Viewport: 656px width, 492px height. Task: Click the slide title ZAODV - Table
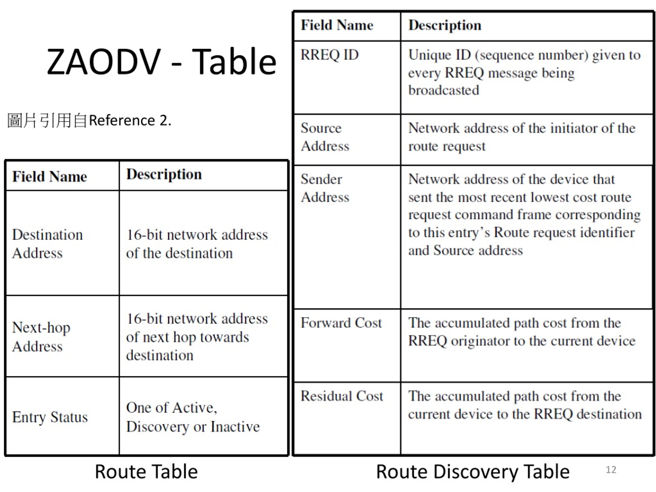[162, 62]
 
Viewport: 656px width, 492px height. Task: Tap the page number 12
[611, 470]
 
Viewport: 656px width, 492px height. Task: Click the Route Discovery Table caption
[473, 472]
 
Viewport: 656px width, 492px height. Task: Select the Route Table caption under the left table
[146, 471]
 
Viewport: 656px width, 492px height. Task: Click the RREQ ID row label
[330, 55]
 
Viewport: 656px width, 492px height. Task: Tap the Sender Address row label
[325, 188]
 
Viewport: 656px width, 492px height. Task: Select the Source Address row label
[325, 137]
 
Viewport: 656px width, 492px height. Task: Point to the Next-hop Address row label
[41, 337]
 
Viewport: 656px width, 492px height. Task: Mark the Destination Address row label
[47, 244]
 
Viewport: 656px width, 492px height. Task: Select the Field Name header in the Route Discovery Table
[337, 25]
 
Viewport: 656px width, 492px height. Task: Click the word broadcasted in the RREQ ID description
[444, 90]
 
